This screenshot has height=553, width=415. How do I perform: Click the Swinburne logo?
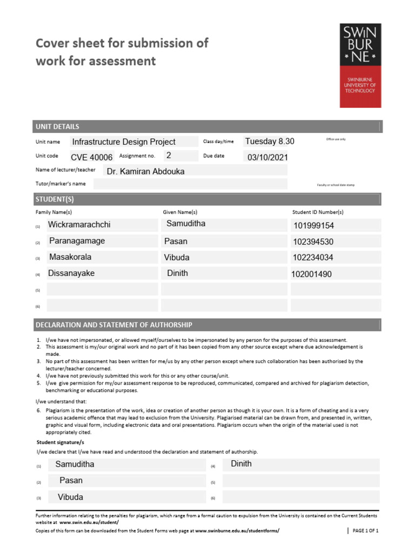point(360,65)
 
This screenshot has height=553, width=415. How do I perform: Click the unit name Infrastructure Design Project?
point(124,142)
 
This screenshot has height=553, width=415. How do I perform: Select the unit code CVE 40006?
point(92,157)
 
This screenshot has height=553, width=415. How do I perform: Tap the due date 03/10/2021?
point(267,158)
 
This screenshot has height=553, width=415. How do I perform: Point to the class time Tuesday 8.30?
point(270,141)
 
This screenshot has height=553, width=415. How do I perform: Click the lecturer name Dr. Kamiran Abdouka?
point(146,171)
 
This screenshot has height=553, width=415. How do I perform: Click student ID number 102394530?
point(313,242)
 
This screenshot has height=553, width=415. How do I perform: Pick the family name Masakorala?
point(70,258)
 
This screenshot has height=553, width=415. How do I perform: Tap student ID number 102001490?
point(311,274)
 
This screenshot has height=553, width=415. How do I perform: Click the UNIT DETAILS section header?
point(57,127)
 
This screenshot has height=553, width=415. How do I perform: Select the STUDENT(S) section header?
point(55,199)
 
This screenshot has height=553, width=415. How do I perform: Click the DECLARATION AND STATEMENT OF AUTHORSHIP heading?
point(113,325)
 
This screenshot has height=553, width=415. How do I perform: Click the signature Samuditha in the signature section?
point(75,464)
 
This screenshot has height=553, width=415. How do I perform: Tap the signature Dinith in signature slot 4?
point(241,464)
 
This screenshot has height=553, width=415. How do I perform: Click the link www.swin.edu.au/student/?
point(89,523)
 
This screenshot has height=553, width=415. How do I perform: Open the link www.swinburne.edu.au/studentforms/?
point(237,531)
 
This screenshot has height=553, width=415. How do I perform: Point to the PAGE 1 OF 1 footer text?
point(365,531)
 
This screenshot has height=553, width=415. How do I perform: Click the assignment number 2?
point(169,156)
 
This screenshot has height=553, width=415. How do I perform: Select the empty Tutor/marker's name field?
point(189,184)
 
